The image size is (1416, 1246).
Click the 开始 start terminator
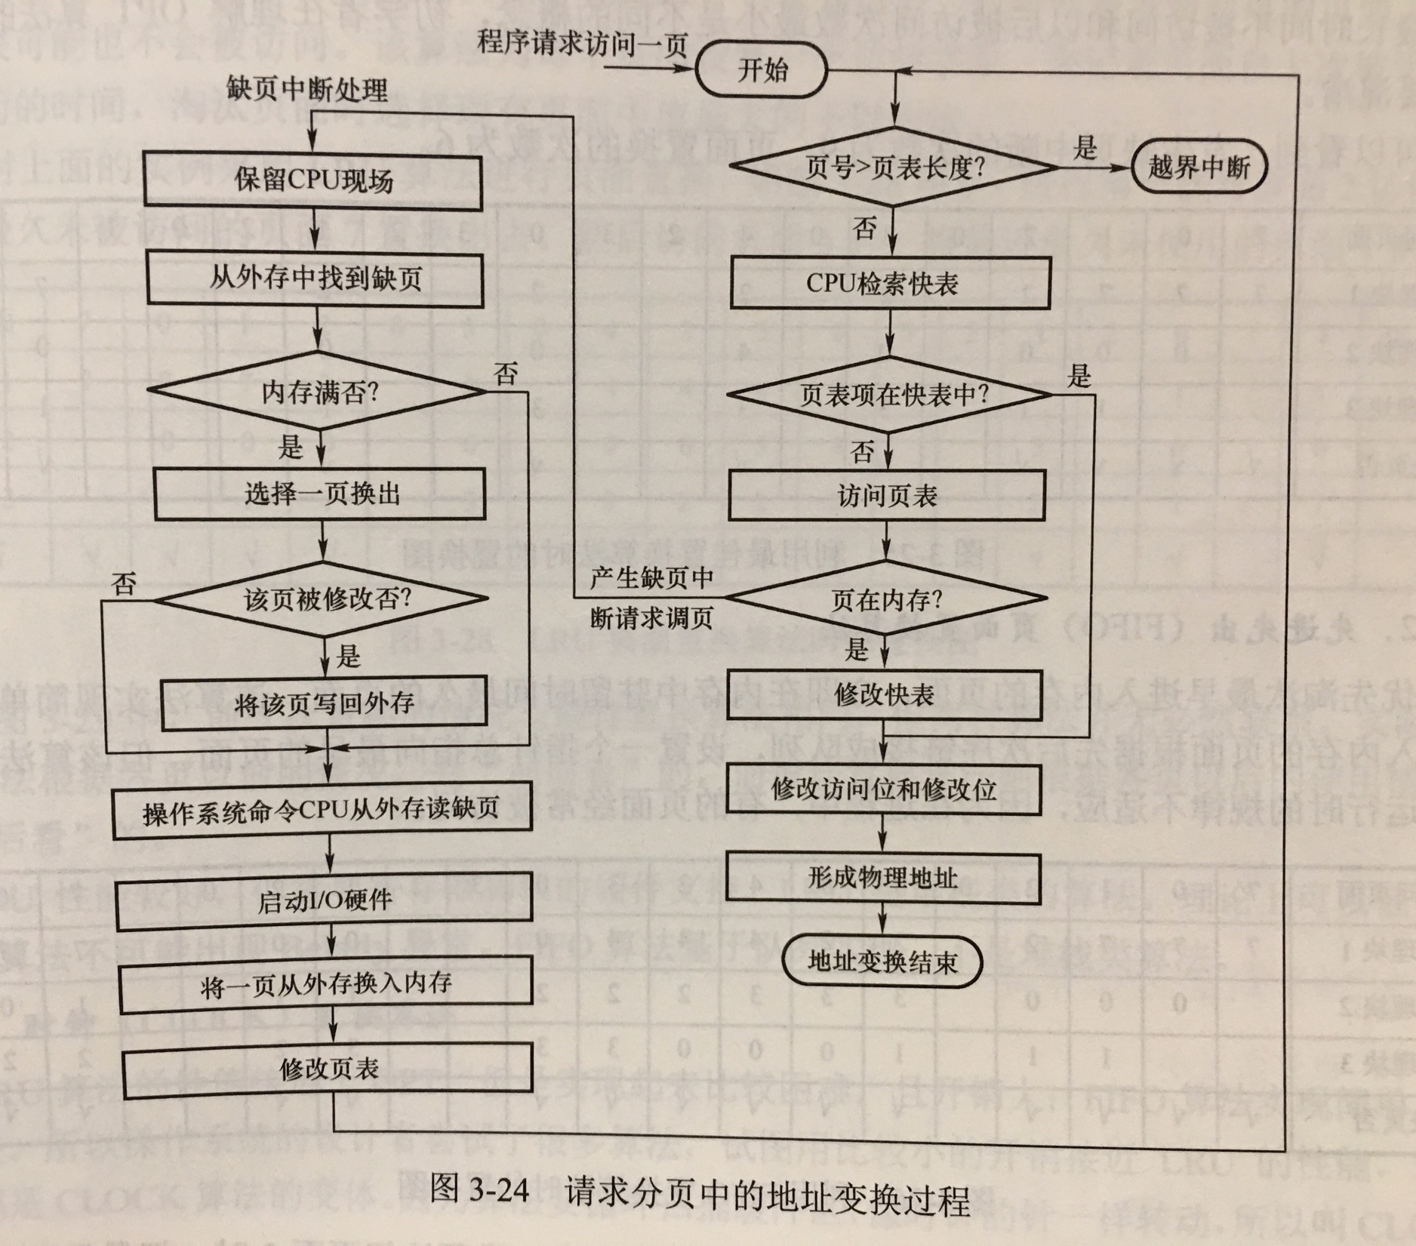pos(762,71)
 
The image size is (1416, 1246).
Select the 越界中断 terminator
pos(1198,168)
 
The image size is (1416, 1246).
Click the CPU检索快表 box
pos(890,283)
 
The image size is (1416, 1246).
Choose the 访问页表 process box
pos(887,495)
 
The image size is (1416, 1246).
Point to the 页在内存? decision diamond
pos(886,599)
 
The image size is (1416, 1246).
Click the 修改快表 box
pos(883,694)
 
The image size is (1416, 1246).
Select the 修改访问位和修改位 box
pos(883,789)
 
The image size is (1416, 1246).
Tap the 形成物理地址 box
pos(882,878)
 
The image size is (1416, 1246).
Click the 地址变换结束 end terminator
pos(882,961)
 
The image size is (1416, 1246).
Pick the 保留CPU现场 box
pos(312,180)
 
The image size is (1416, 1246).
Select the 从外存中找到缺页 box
pos(316,279)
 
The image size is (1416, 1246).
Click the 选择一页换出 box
pos(320,494)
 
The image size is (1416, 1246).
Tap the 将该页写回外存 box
pos(324,703)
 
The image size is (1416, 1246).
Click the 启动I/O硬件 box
pos(325,901)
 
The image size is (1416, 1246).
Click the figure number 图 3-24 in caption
pos(479,1189)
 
